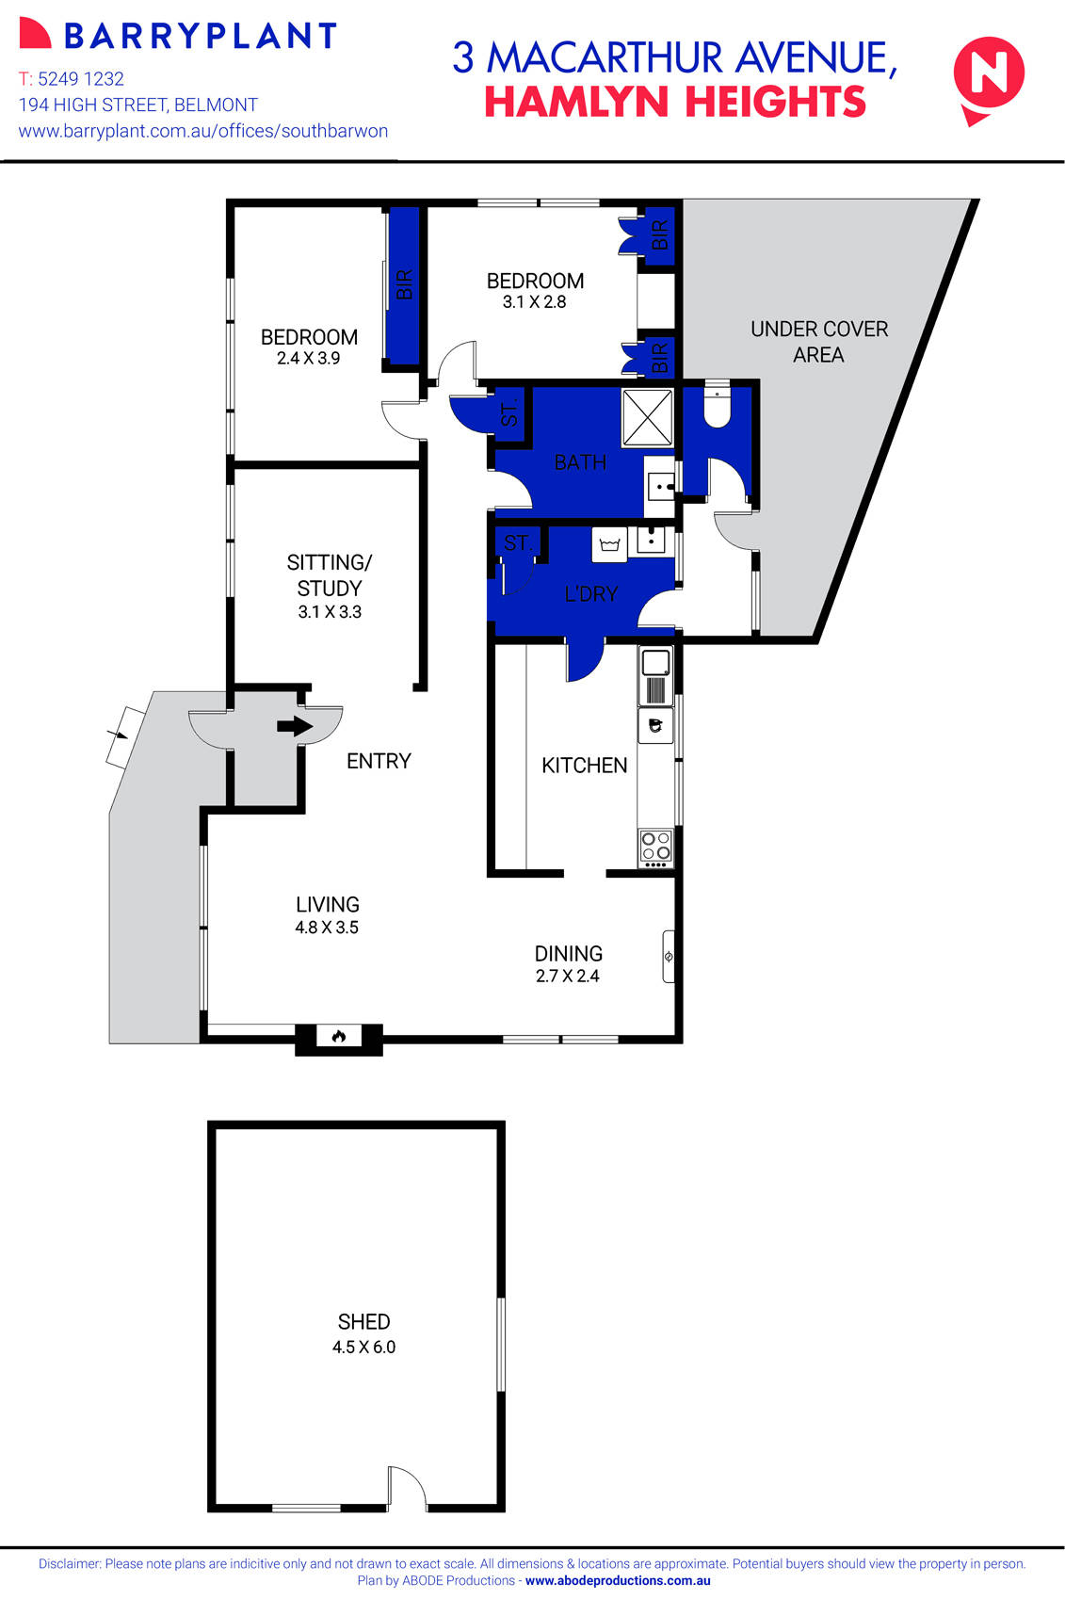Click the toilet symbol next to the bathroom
717,409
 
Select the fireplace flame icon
339,1037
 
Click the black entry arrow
295,726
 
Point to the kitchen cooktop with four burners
656,848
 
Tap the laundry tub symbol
608,544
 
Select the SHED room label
363,1321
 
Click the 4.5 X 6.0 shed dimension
363,1347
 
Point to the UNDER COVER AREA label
818,341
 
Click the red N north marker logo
989,75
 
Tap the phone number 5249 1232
81,79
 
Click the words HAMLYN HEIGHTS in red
674,102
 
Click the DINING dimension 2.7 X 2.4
567,976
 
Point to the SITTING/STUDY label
330,574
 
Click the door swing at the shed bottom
407,1488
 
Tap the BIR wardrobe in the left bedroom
404,284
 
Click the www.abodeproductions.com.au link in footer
618,1581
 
